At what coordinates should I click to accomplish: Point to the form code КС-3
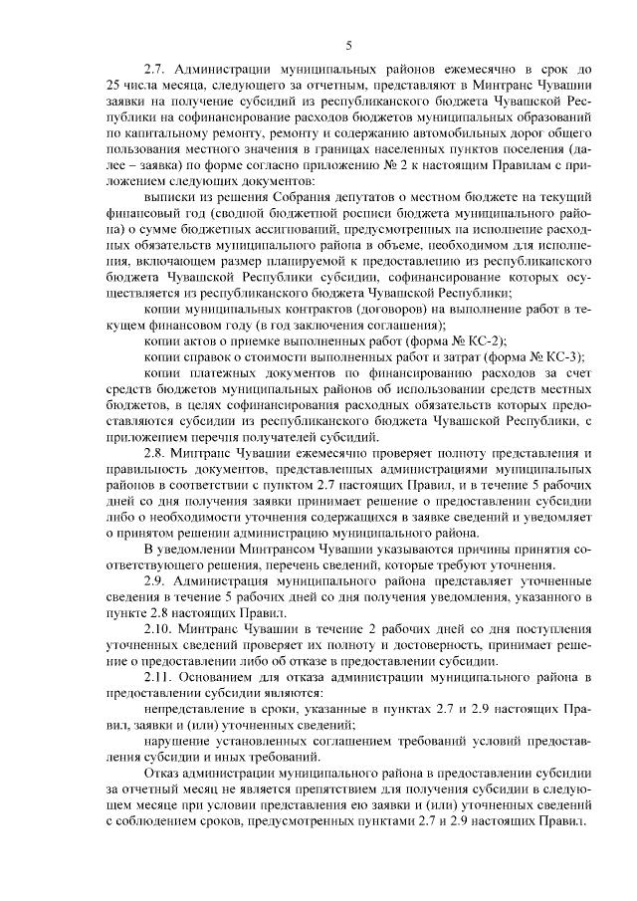[560, 356]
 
